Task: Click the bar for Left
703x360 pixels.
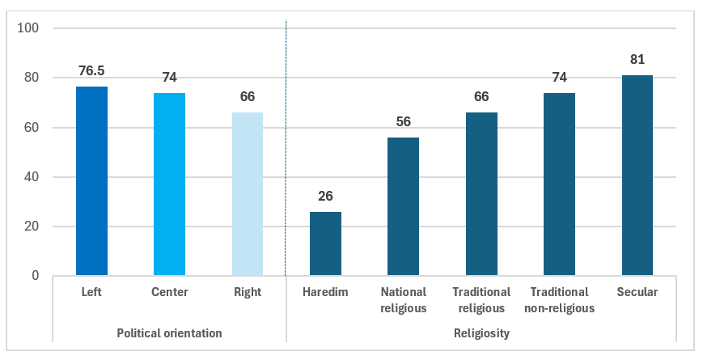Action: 91,180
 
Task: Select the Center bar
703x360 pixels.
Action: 169,184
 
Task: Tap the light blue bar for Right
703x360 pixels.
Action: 248,193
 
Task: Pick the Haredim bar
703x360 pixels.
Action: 325,244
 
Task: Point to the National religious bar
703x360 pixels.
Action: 404,206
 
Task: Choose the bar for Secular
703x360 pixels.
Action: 637,176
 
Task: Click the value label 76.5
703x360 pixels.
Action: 91,71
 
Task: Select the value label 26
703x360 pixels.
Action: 325,196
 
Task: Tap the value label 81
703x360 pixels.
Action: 637,59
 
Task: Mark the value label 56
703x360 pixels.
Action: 404,121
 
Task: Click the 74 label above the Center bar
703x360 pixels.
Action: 169,77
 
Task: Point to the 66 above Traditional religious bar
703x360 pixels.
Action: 481,96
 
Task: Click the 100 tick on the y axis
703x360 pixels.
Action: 28,28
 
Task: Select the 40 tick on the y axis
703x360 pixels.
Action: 32,177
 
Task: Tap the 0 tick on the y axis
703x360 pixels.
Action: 36,276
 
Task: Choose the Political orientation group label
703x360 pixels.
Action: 169,333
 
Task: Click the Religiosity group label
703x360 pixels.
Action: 481,333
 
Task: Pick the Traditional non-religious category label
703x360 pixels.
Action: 560,300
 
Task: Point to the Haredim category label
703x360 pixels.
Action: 325,292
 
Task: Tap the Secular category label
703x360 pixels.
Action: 637,292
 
